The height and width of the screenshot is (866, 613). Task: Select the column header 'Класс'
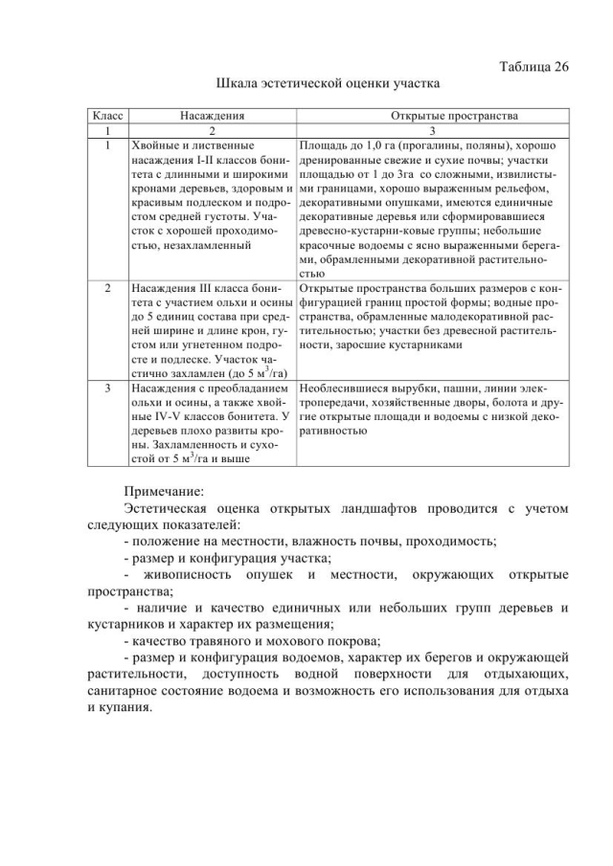click(108, 115)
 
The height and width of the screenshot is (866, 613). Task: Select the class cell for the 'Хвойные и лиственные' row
click(108, 145)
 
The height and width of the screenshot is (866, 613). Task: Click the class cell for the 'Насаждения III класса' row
click(108, 286)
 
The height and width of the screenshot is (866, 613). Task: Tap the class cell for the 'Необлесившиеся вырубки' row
click(108, 389)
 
